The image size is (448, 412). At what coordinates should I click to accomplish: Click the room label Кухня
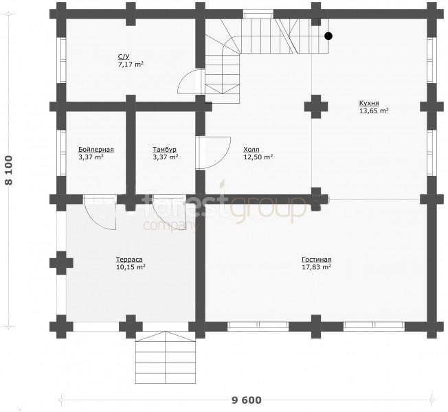(369, 103)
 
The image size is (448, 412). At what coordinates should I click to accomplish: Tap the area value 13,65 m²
(374, 111)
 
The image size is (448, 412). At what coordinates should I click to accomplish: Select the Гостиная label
(317, 260)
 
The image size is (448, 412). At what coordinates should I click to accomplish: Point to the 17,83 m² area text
(317, 267)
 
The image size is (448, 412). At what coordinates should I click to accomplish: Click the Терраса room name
(129, 260)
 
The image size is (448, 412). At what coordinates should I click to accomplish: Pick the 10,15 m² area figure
(131, 267)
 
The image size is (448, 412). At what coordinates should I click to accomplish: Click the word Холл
(251, 149)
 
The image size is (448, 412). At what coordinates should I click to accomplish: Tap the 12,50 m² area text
(258, 157)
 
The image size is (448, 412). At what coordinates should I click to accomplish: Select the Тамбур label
(165, 149)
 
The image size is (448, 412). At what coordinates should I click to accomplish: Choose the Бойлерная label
(96, 149)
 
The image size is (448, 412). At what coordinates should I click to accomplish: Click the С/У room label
(124, 56)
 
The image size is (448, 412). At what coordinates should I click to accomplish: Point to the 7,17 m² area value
(131, 65)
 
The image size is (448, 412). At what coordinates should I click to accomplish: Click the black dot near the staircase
(328, 36)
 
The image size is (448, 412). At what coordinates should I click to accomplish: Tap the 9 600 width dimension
(246, 400)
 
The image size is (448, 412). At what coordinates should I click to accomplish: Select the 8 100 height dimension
(9, 170)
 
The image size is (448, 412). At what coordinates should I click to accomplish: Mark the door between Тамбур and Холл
(213, 153)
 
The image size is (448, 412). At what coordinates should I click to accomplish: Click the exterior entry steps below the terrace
(166, 358)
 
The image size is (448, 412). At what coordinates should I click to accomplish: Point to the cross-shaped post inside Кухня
(316, 106)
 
